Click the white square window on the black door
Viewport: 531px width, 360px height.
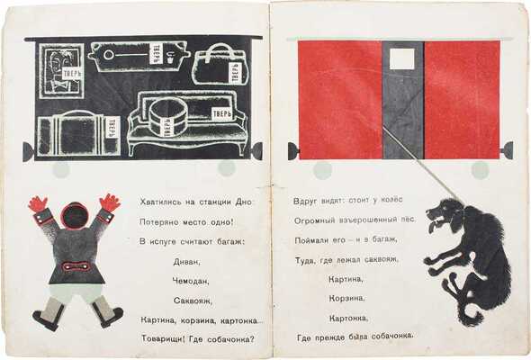402,59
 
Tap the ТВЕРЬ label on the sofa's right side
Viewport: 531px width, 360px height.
220,114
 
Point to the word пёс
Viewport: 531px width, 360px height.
402,220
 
